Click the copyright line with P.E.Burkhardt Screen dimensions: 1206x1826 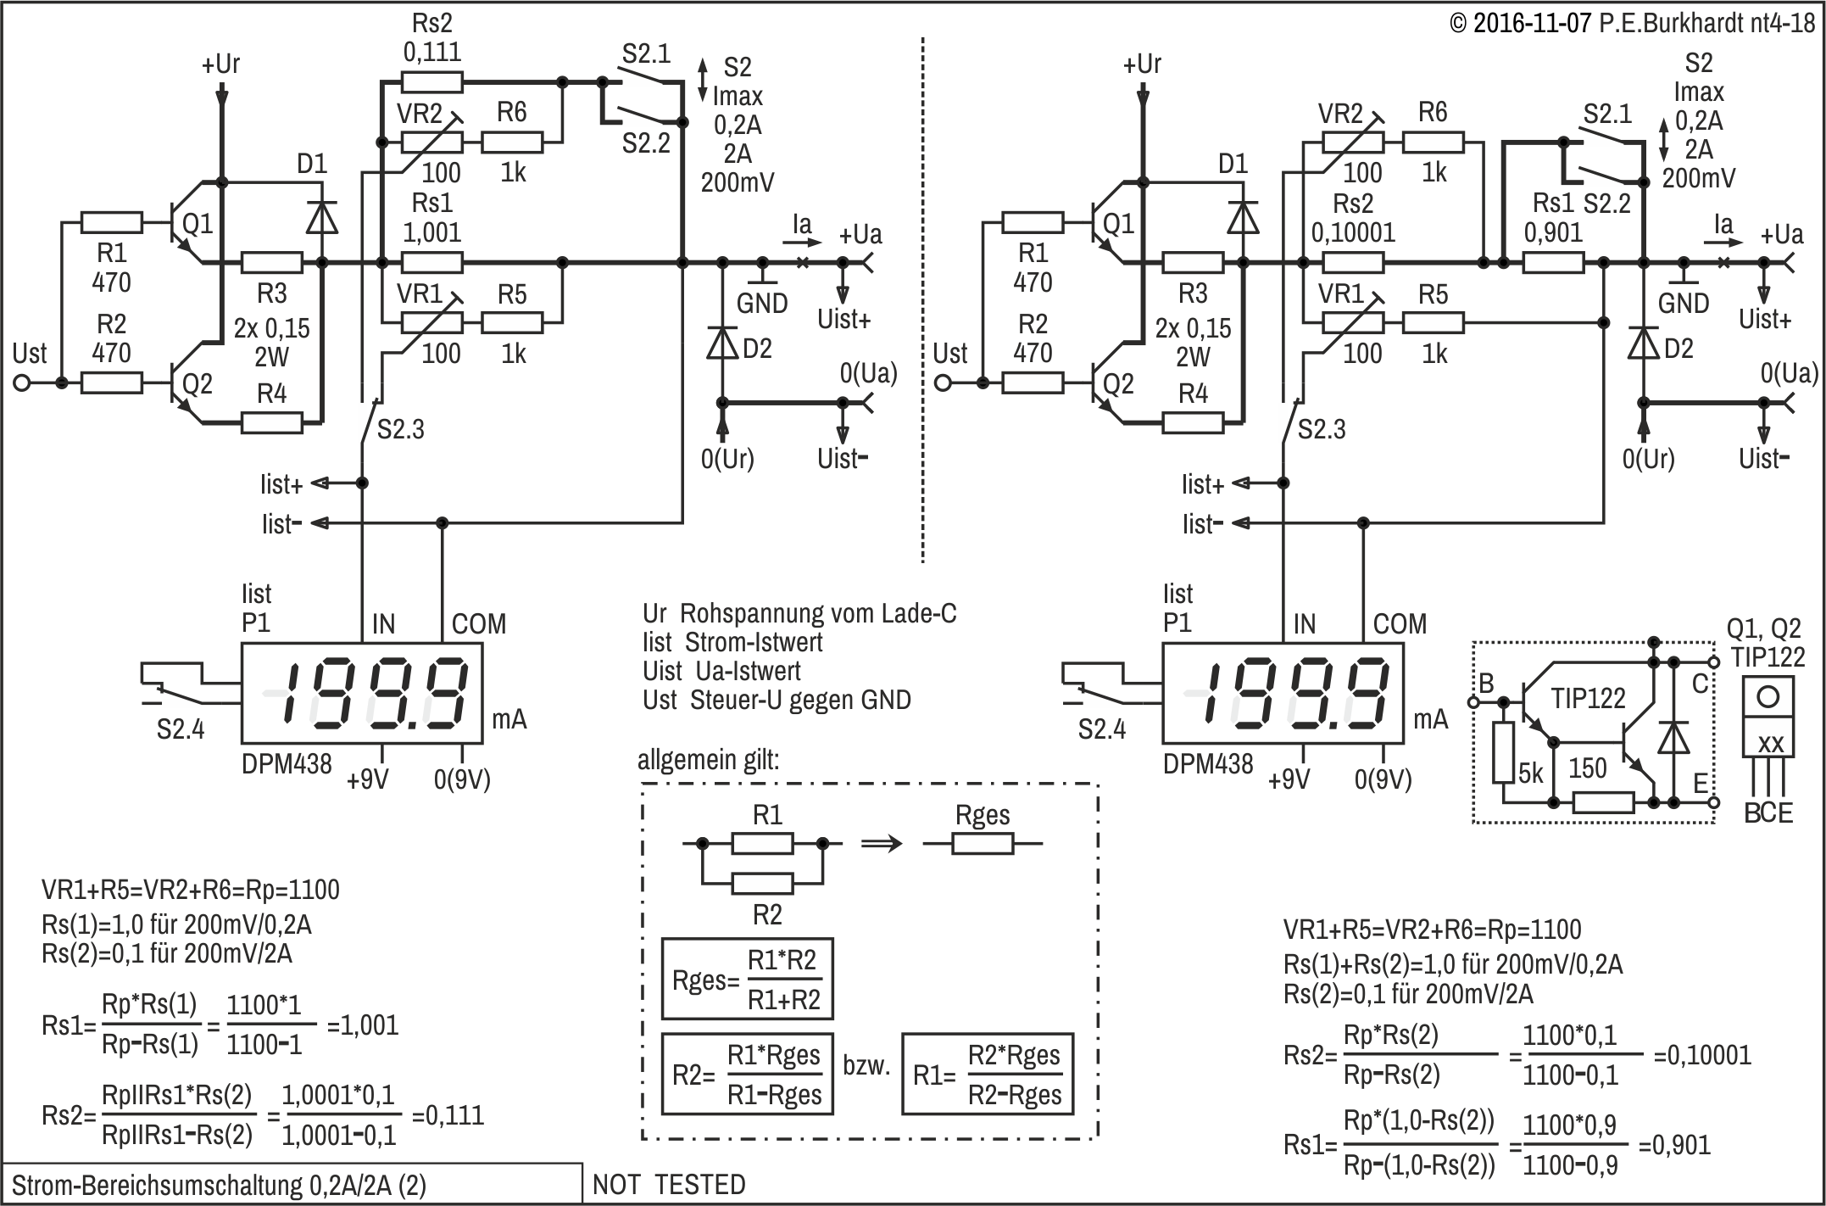pos(1632,23)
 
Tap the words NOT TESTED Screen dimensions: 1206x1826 pos(669,1185)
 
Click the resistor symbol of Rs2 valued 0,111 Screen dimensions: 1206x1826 pos(431,82)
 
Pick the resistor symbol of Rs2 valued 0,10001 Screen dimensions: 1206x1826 pos(1353,263)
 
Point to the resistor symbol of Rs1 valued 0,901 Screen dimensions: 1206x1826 pos(1553,263)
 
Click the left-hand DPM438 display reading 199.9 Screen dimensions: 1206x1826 pos(362,693)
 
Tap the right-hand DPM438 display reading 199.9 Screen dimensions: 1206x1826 pos(1283,693)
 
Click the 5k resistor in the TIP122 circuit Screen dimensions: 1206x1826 pos(1503,753)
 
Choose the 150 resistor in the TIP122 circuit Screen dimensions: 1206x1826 pos(1603,802)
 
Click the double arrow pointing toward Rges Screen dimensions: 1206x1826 pos(882,844)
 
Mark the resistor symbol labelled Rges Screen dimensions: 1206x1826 pos(983,844)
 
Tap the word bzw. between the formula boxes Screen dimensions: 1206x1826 pos(866,1066)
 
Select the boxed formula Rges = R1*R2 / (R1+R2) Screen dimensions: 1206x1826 pos(747,979)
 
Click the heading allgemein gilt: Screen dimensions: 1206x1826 pos(708,759)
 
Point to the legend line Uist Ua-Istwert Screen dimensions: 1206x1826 pos(721,671)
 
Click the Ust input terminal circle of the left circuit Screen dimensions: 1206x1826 pos(22,383)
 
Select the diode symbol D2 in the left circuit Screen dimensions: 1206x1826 pos(722,343)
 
